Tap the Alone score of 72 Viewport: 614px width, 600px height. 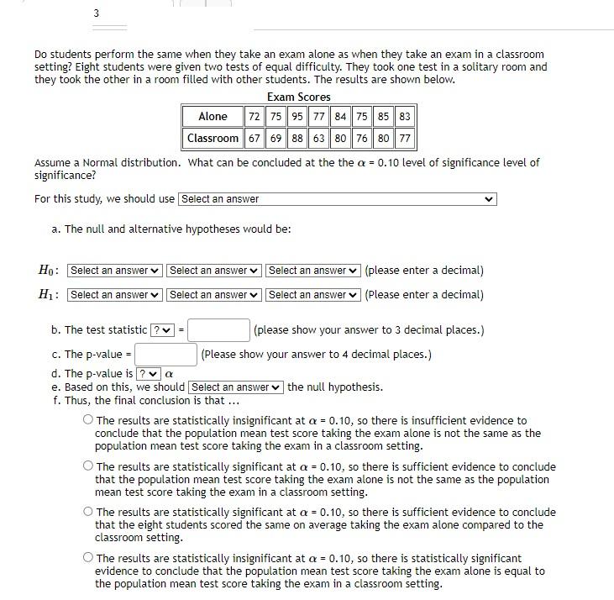tap(254, 117)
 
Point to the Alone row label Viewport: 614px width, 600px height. tap(213, 117)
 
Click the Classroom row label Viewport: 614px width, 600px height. tap(213, 138)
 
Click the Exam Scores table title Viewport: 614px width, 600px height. tap(298, 97)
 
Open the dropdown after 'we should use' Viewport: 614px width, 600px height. tap(337, 199)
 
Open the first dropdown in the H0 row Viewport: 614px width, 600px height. tap(114, 271)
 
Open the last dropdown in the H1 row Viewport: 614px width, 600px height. tap(312, 295)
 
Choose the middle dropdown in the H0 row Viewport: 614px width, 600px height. tap(213, 271)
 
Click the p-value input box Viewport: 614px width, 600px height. tap(165, 355)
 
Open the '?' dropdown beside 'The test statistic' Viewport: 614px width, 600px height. tap(160, 330)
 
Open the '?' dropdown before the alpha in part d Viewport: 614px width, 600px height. tap(148, 374)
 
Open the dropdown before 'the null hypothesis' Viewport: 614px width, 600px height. tap(236, 387)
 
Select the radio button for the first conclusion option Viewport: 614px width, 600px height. tap(88, 420)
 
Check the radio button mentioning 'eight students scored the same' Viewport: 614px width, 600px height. tap(88, 512)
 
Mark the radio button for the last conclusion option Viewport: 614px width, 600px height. tap(88, 558)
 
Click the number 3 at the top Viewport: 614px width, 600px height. tap(96, 13)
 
